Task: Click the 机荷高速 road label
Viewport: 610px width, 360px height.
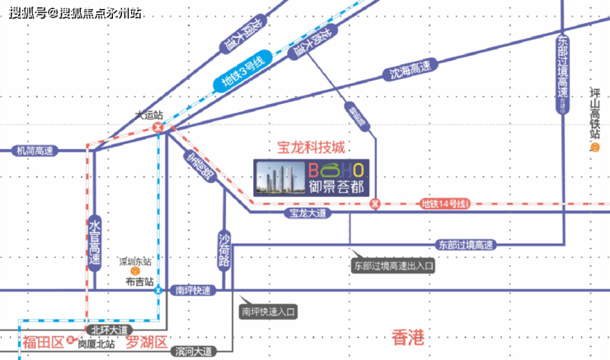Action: click(x=34, y=151)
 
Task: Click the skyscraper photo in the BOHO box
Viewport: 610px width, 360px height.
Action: click(x=279, y=176)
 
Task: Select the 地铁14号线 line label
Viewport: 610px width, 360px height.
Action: click(x=443, y=203)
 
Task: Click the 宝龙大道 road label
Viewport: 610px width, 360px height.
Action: click(x=307, y=213)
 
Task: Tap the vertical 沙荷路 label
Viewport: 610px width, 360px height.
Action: click(x=223, y=249)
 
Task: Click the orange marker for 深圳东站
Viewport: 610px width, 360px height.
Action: click(x=136, y=271)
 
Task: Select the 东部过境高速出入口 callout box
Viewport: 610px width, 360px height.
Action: click(x=393, y=267)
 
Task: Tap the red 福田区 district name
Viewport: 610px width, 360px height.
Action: click(x=42, y=342)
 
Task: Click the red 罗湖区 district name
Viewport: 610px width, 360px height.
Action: click(x=147, y=342)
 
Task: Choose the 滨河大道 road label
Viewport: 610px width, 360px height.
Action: click(x=195, y=352)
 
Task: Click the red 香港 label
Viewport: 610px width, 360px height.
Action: click(x=407, y=336)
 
